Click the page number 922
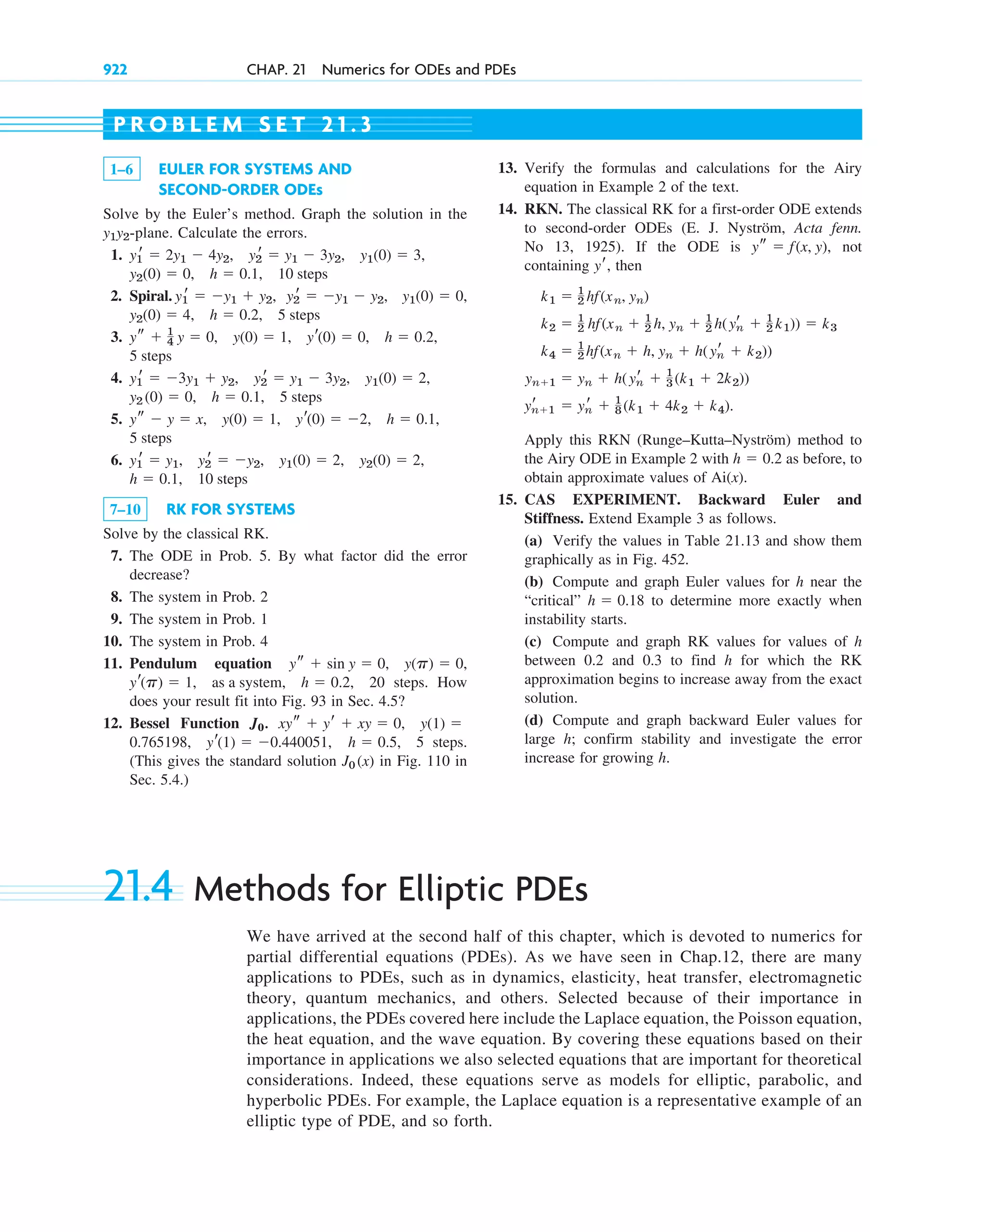(x=115, y=70)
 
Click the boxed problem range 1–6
(x=122, y=169)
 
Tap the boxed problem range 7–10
(x=125, y=509)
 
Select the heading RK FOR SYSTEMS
(x=230, y=509)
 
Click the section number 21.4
(x=138, y=887)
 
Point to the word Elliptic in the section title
(x=450, y=889)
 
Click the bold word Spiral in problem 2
(x=150, y=296)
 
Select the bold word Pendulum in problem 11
(x=163, y=663)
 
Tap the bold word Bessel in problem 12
(x=150, y=724)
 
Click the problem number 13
(x=507, y=168)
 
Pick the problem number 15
(x=507, y=499)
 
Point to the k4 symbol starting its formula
(x=547, y=352)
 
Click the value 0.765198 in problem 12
(x=159, y=742)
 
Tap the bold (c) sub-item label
(x=533, y=642)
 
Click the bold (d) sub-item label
(x=533, y=721)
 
